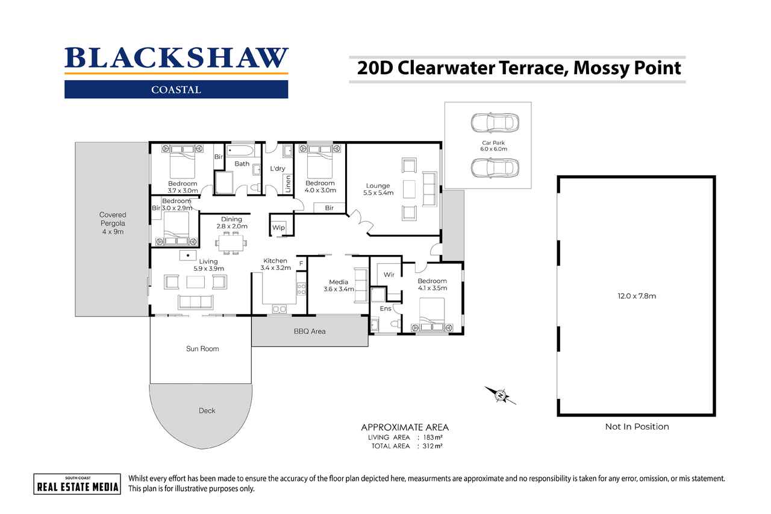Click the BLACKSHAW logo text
pyautogui.click(x=176, y=58)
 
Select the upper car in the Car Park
pyautogui.click(x=493, y=122)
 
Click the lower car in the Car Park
pyautogui.click(x=493, y=168)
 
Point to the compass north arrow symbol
pyautogui.click(x=501, y=395)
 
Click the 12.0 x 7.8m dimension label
pyautogui.click(x=636, y=296)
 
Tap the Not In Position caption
pyautogui.click(x=637, y=427)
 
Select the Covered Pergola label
pyautogui.click(x=113, y=223)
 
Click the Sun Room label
pyautogui.click(x=202, y=349)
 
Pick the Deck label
pyautogui.click(x=207, y=411)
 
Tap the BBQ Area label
pyautogui.click(x=310, y=331)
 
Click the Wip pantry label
pyautogui.click(x=278, y=228)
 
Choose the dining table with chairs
pyautogui.click(x=231, y=243)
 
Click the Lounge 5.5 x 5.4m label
pyautogui.click(x=378, y=189)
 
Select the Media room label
pyautogui.click(x=338, y=286)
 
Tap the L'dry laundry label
pyautogui.click(x=277, y=169)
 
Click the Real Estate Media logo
pyautogui.click(x=76, y=484)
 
